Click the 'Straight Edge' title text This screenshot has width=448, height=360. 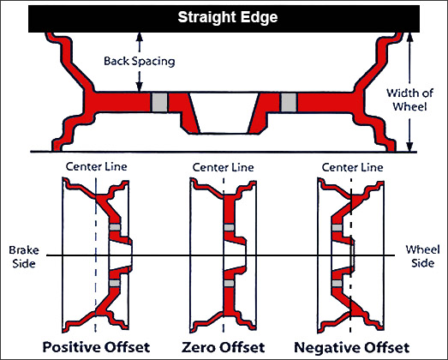click(228, 17)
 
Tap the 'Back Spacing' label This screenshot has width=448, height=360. click(139, 61)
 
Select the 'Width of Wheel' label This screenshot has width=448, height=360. click(409, 99)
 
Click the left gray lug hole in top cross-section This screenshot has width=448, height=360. click(159, 102)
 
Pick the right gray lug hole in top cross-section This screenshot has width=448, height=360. click(289, 102)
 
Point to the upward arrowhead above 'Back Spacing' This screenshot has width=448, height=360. click(139, 37)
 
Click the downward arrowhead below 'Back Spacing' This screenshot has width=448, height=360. click(139, 87)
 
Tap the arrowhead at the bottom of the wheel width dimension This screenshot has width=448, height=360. click(409, 147)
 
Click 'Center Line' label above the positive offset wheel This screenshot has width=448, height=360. click(96, 166)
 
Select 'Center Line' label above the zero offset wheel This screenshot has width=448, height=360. click(223, 167)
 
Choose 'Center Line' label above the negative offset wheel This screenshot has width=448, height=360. click(352, 167)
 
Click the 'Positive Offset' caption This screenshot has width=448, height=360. click(96, 347)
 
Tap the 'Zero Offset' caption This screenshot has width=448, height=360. click(223, 347)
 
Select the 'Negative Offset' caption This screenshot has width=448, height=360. click(352, 347)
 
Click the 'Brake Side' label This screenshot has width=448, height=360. click(24, 256)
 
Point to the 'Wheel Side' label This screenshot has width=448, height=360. click(422, 256)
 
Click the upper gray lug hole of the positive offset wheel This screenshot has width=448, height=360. click(115, 227)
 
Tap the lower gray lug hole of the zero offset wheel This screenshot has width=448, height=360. click(229, 283)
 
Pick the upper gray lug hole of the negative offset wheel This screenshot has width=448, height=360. click(337, 228)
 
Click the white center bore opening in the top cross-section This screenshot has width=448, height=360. click(224, 112)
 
